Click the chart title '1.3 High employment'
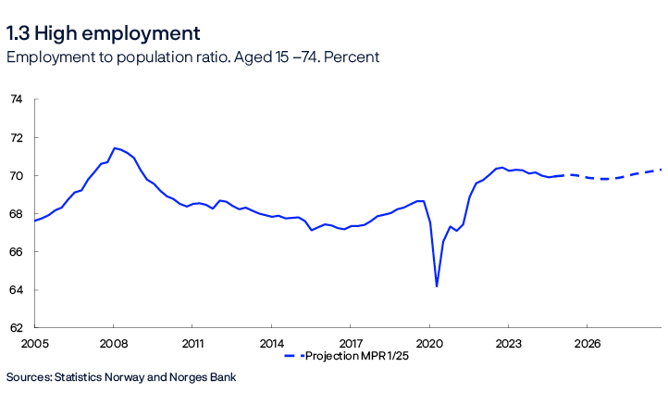pyautogui.click(x=103, y=34)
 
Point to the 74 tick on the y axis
pyautogui.click(x=16, y=99)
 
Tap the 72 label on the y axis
pyautogui.click(x=16, y=137)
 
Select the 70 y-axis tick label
pyautogui.click(x=16, y=175)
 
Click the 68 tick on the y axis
pyautogui.click(x=16, y=213)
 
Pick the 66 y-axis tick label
pyautogui.click(x=16, y=251)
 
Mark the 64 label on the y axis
pyautogui.click(x=16, y=289)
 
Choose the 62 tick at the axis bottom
pyautogui.click(x=16, y=327)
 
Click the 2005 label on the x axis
pyautogui.click(x=34, y=343)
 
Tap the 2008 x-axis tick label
pyautogui.click(x=113, y=343)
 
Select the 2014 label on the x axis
pyautogui.click(x=271, y=343)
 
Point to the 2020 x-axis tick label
pyautogui.click(x=429, y=343)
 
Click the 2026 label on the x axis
pyautogui.click(x=587, y=343)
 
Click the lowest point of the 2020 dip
pyautogui.click(x=436, y=286)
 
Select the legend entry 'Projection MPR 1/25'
pyautogui.click(x=356, y=356)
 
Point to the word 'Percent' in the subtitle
pyautogui.click(x=351, y=57)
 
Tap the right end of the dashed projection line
pyautogui.click(x=661, y=170)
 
